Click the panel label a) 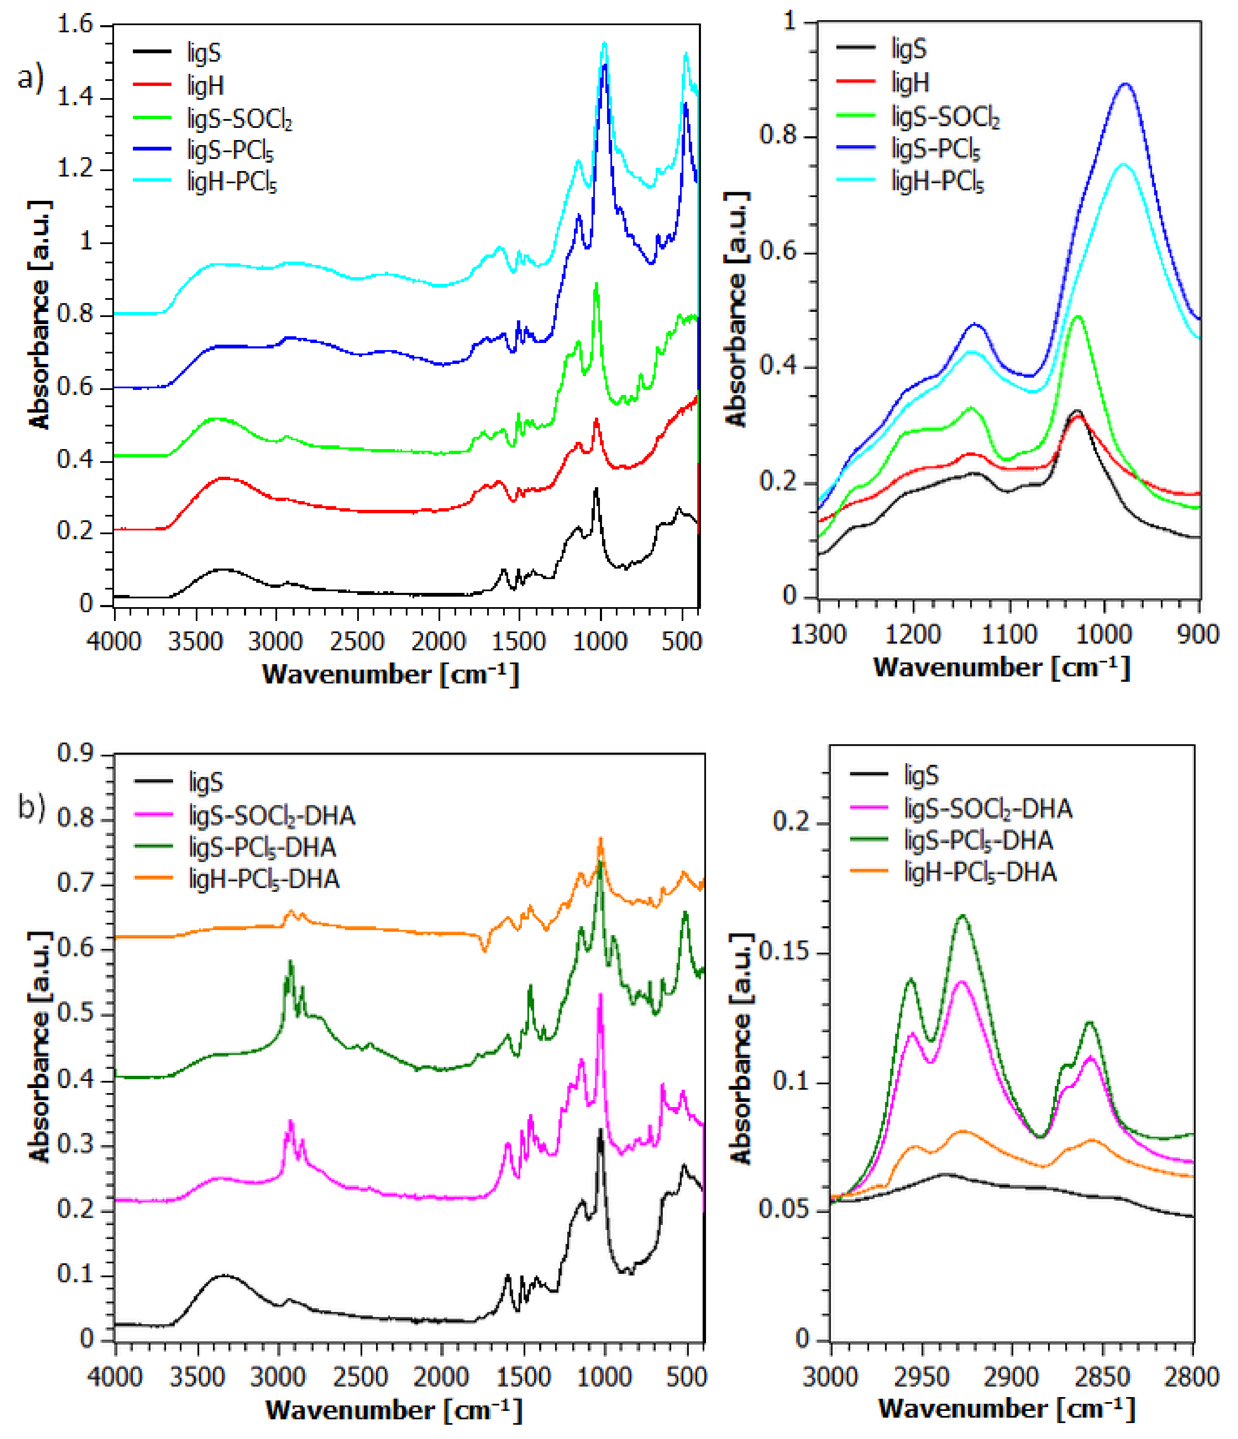31,78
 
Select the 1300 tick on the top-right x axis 819,634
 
